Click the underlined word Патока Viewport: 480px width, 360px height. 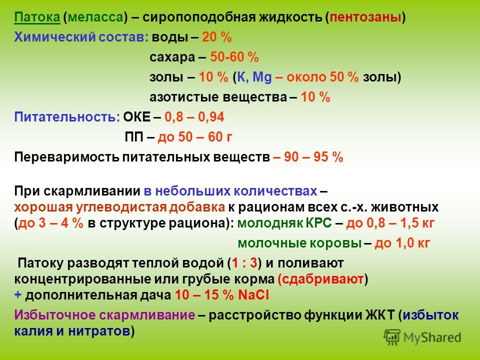[37, 17]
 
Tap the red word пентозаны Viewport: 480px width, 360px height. [365, 17]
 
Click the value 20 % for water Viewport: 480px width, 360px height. [216, 37]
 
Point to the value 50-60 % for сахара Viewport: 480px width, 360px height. [234, 57]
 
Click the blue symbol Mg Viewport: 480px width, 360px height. [262, 77]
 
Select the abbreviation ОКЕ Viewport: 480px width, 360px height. [137, 117]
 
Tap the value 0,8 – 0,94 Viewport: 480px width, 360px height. [194, 117]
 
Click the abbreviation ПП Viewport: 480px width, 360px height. [134, 137]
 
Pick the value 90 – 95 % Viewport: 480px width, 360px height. [313, 157]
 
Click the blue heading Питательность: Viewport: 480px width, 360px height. [67, 117]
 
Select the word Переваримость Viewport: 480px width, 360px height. [66, 157]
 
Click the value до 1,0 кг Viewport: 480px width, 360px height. [402, 243]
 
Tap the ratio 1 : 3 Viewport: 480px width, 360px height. [244, 263]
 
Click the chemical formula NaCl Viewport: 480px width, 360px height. [253, 295]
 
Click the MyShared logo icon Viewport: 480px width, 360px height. [392, 337]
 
